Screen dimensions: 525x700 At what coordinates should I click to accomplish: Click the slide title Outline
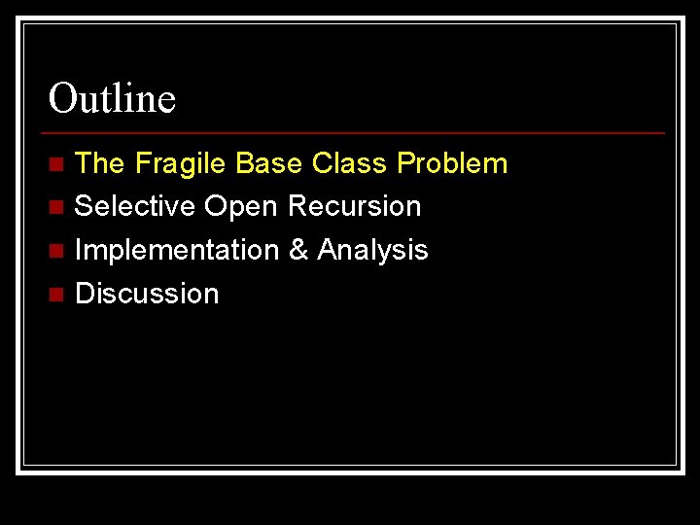coord(112,98)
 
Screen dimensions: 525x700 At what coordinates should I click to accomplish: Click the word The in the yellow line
coord(99,163)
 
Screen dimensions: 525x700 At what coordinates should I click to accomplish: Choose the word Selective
coord(135,206)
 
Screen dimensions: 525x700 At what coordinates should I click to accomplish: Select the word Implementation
coord(177,250)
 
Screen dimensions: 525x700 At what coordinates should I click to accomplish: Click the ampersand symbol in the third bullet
coord(298,250)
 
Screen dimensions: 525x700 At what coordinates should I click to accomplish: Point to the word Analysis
coord(372,250)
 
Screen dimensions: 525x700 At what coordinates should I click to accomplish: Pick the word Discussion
coord(147,293)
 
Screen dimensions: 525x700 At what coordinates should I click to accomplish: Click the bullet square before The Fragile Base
coord(57,164)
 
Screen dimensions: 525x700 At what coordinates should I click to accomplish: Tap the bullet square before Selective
coord(57,207)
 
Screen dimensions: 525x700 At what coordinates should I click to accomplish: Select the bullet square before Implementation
coord(57,251)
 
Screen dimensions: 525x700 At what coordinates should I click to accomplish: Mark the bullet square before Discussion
coord(57,294)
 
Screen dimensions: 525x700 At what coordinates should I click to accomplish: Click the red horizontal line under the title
coord(355,132)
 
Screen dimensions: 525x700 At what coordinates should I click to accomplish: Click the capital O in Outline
coord(63,98)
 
